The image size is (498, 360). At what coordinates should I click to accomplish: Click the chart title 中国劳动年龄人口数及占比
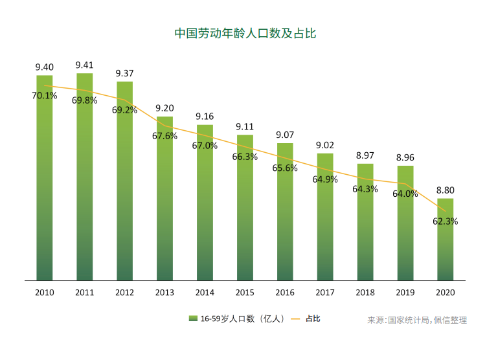245,33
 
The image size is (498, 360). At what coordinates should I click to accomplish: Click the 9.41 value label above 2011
85,65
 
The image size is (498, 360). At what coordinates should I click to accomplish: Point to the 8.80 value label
445,190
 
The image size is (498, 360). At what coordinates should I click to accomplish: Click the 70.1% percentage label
45,96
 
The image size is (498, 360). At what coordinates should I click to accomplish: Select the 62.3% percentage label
446,221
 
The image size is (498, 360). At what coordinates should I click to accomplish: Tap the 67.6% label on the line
165,136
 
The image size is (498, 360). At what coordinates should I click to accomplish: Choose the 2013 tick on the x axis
164,293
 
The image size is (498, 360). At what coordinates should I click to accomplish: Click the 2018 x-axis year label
365,293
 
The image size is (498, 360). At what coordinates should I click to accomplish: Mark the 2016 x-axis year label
285,293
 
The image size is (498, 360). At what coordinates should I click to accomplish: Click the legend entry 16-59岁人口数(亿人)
237,319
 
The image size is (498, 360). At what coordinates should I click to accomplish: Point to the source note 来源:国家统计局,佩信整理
417,320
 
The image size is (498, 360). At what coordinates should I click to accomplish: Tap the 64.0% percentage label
405,194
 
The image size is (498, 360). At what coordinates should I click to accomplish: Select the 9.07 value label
285,135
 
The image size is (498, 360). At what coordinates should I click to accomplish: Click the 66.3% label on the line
245,157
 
